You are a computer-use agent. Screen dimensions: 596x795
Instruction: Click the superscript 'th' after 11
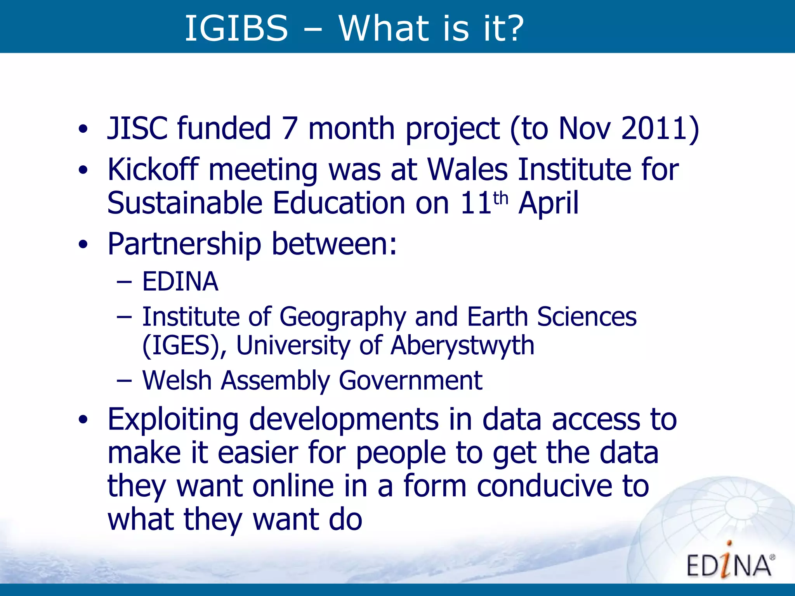(501, 198)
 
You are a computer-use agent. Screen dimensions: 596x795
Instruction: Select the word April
(548, 203)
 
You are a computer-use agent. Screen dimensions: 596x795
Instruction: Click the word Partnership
(184, 244)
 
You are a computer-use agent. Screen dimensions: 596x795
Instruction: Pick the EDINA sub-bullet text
(180, 281)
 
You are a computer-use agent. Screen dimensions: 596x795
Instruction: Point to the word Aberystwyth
(462, 345)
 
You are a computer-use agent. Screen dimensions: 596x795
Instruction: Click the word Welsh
(177, 380)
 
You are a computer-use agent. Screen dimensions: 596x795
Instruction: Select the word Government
(411, 380)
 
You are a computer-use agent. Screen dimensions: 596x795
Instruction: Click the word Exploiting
(173, 420)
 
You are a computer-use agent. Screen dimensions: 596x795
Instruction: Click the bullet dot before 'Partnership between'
(83, 244)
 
